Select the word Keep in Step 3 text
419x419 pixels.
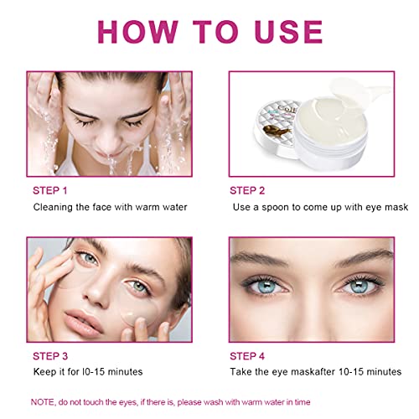[x=46, y=371]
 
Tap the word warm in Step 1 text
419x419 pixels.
[x=143, y=206]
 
